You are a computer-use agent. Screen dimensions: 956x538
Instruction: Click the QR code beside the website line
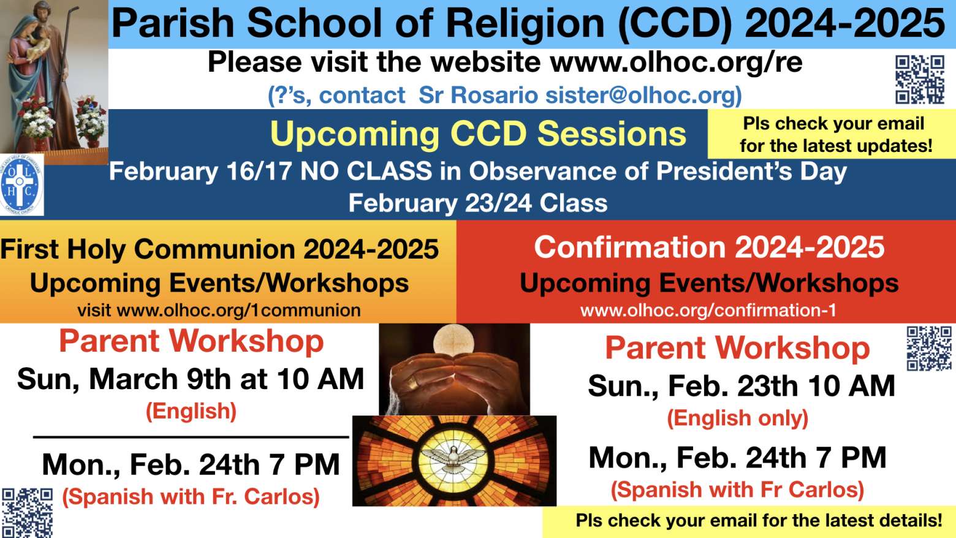pyautogui.click(x=920, y=80)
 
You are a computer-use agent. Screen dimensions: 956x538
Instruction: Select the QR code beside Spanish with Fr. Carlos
pyautogui.click(x=28, y=513)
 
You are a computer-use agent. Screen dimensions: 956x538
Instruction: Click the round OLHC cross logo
pyautogui.click(x=21, y=184)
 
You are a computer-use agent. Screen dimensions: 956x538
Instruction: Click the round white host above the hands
pyautogui.click(x=453, y=342)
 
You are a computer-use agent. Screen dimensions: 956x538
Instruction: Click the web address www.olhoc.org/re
pyautogui.click(x=676, y=63)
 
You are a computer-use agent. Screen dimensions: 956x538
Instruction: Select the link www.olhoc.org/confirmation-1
pyautogui.click(x=708, y=311)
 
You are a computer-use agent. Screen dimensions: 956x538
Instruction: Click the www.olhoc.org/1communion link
pyautogui.click(x=238, y=311)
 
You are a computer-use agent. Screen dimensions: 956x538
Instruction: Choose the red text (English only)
pyautogui.click(x=737, y=418)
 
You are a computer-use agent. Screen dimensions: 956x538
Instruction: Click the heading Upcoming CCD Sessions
pyautogui.click(x=478, y=134)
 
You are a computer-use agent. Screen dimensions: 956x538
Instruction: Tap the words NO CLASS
pyautogui.click(x=366, y=172)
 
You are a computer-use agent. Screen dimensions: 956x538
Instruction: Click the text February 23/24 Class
pyautogui.click(x=478, y=203)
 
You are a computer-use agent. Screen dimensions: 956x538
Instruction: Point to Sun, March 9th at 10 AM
pyautogui.click(x=191, y=379)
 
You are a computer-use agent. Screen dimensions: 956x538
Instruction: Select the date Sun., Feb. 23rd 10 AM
pyautogui.click(x=742, y=386)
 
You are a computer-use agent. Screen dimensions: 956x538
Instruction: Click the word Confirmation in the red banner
pyautogui.click(x=630, y=248)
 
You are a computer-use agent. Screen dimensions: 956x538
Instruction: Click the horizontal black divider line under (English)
pyautogui.click(x=191, y=437)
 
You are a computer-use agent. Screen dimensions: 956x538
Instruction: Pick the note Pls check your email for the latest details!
pyautogui.click(x=759, y=521)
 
